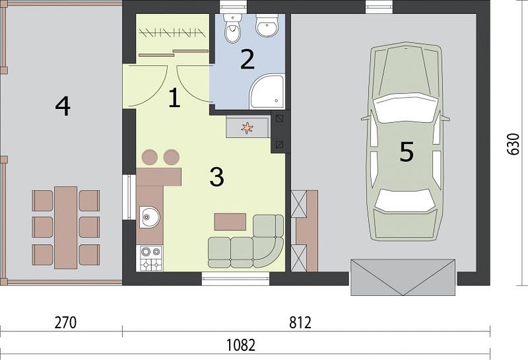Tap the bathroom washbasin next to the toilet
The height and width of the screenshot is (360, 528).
pyautogui.click(x=267, y=25)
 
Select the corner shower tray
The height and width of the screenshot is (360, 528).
pyautogui.click(x=267, y=92)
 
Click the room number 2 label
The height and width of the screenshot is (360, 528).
pyautogui.click(x=247, y=59)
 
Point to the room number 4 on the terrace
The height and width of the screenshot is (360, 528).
pyautogui.click(x=63, y=106)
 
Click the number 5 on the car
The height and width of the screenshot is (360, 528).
pyautogui.click(x=407, y=151)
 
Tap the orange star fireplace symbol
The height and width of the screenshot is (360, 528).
pyautogui.click(x=247, y=127)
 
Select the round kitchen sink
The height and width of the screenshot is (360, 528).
pyautogui.click(x=150, y=217)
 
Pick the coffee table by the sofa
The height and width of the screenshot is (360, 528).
pyautogui.click(x=230, y=222)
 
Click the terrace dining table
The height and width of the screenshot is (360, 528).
pyautogui.click(x=65, y=227)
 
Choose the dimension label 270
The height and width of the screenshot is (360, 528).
pyautogui.click(x=65, y=322)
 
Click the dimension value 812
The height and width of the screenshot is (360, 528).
pyautogui.click(x=300, y=322)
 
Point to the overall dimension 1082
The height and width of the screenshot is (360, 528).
pyautogui.click(x=240, y=345)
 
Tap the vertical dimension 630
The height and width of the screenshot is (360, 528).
pyautogui.click(x=513, y=144)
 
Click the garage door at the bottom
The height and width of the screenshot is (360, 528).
pyautogui.click(x=403, y=277)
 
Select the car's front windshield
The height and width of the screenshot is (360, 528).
pyautogui.click(x=405, y=108)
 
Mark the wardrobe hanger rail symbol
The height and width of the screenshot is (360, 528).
pyautogui.click(x=172, y=32)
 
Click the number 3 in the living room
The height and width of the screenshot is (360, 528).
pyautogui.click(x=217, y=176)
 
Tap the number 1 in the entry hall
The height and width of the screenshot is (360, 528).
pyautogui.click(x=174, y=98)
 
